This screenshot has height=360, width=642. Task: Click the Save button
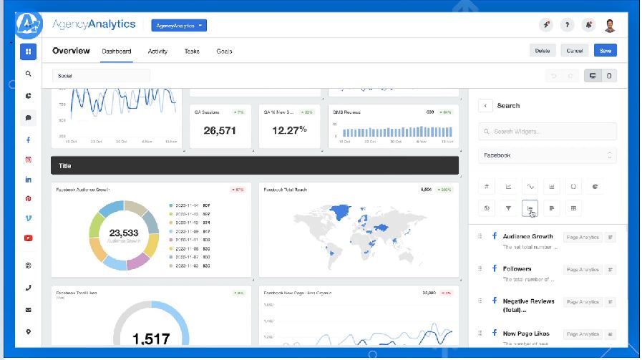click(605, 51)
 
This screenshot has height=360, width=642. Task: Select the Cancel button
click(575, 51)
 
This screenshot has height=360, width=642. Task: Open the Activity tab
click(157, 52)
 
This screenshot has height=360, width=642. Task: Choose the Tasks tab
click(192, 52)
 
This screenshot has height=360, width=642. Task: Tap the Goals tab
click(224, 52)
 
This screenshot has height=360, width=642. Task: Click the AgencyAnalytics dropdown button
click(179, 25)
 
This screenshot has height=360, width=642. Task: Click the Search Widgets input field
click(548, 132)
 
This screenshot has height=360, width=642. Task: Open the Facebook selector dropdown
click(548, 155)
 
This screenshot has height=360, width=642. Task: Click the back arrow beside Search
click(486, 105)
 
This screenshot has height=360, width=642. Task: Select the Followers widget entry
click(517, 269)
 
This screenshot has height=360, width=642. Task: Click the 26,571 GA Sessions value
click(220, 130)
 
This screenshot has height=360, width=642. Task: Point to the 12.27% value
click(289, 130)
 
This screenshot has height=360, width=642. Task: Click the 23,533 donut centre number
click(124, 233)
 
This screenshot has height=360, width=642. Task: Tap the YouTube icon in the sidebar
click(29, 238)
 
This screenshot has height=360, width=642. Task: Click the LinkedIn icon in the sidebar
click(29, 179)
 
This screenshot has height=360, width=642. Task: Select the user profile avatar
click(610, 25)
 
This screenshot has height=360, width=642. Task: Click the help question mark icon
click(567, 25)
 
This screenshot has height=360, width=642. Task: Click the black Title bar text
click(64, 165)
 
